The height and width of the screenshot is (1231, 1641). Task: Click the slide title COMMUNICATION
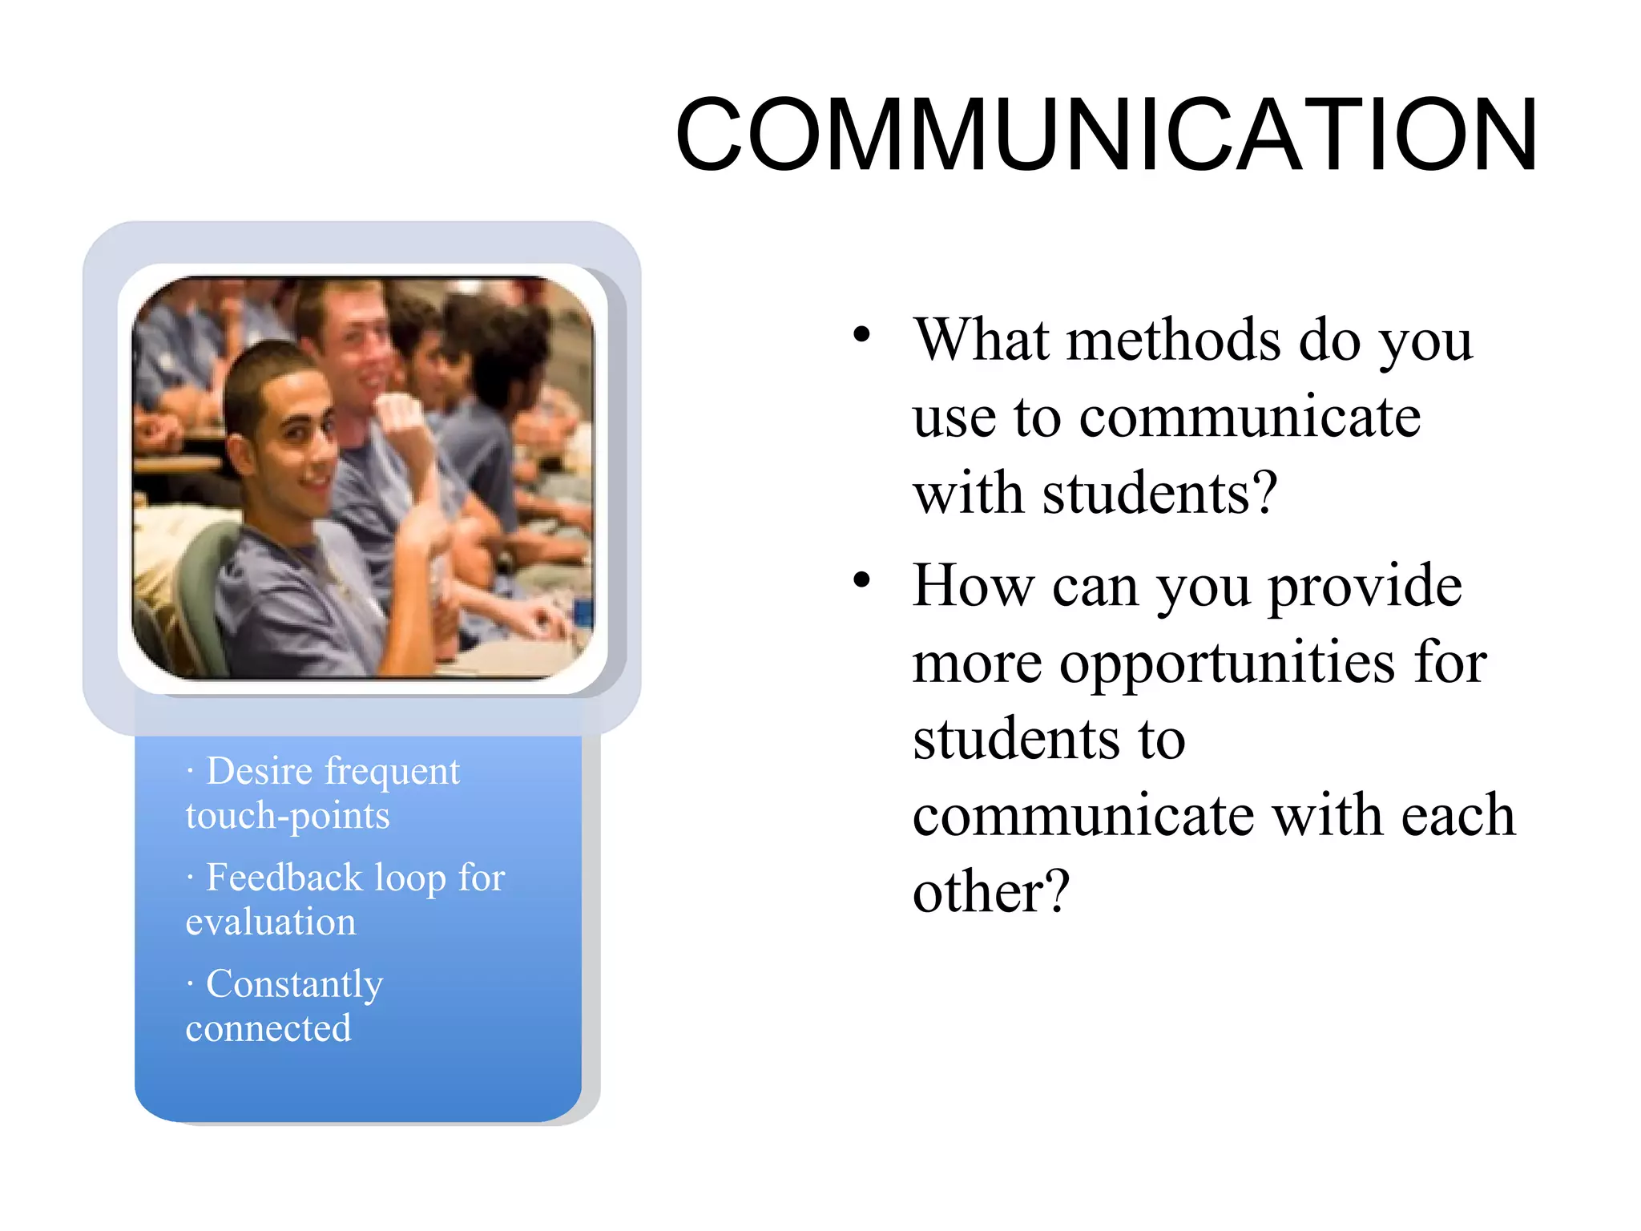point(1106,135)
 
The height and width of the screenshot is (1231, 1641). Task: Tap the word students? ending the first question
point(1159,493)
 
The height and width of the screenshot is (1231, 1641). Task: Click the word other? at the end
point(991,891)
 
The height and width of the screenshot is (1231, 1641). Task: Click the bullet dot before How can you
point(861,580)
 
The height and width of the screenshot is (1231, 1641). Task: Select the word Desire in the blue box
point(259,771)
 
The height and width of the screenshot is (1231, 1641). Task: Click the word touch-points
point(288,817)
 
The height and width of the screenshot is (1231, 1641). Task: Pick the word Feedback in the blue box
point(284,878)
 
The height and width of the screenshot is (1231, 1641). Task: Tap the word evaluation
point(271,922)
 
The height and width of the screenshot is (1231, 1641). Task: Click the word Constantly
point(294,984)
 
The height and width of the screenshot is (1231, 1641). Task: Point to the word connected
point(268,1028)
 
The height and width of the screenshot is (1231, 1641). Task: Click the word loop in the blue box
point(411,878)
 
